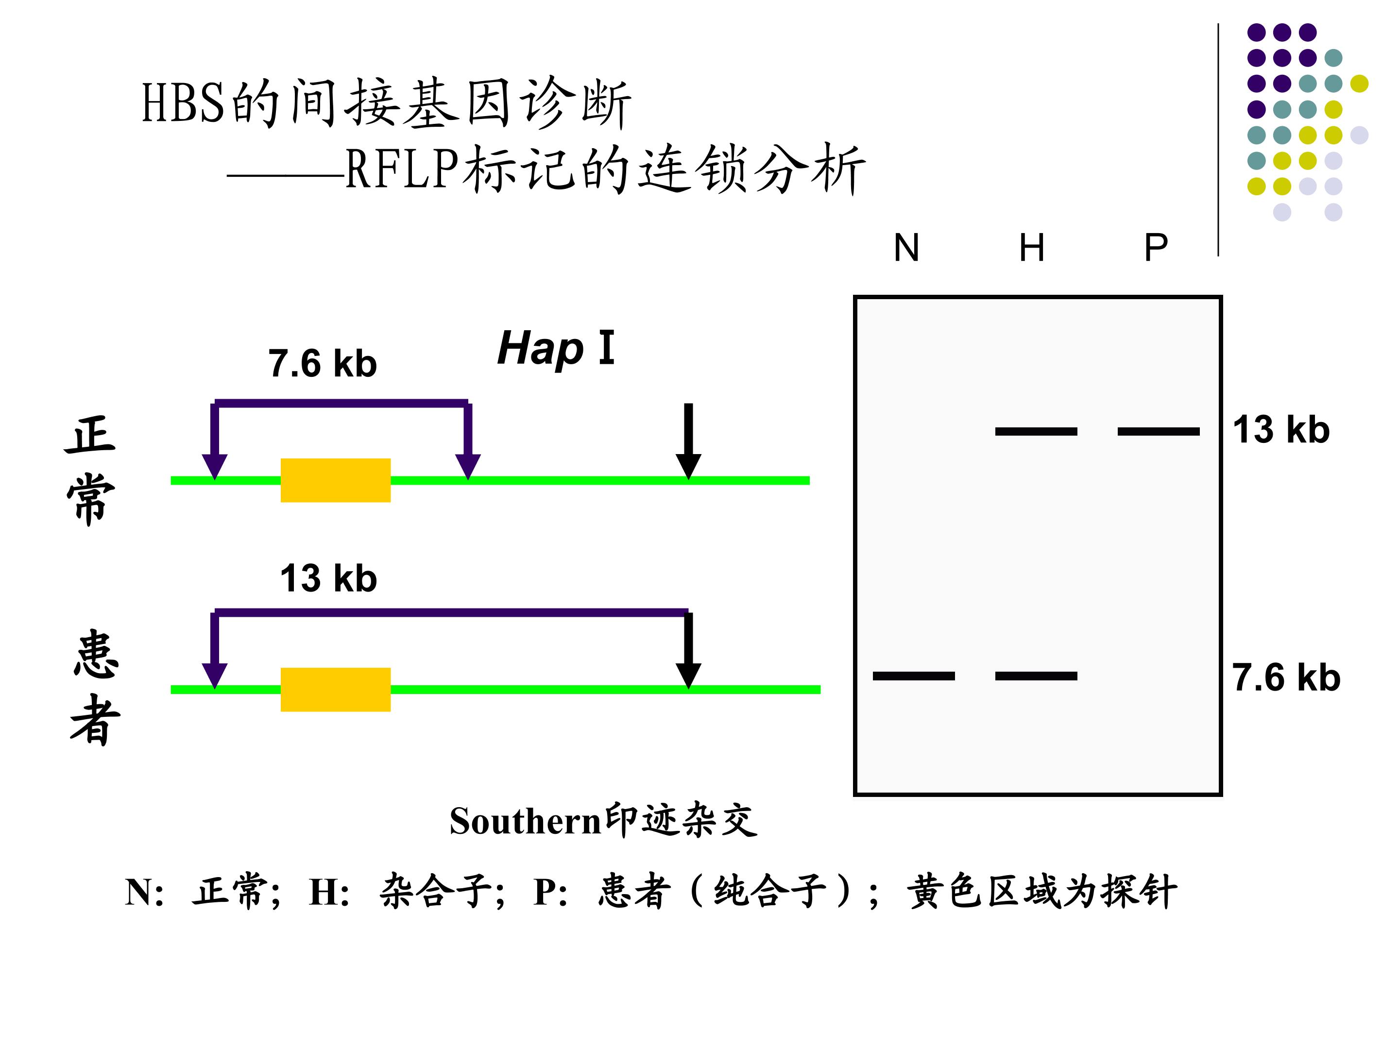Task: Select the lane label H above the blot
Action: [1032, 247]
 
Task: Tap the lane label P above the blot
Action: [1156, 247]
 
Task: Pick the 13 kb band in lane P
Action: [1158, 431]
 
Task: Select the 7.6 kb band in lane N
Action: [913, 676]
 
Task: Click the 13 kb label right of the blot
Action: [1281, 430]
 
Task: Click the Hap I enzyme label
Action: [556, 348]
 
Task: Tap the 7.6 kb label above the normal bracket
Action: [323, 364]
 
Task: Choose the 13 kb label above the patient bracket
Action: [328, 578]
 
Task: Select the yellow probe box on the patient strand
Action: [335, 690]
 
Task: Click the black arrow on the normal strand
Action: [688, 441]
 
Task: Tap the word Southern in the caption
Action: [525, 821]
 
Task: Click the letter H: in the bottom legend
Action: [329, 892]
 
